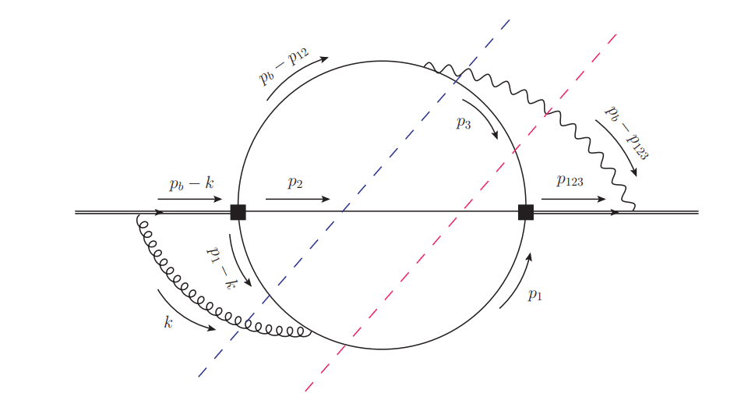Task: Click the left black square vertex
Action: [x=238, y=212]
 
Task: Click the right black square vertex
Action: [x=526, y=212]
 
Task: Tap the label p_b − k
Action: [x=192, y=185]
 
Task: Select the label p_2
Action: [x=295, y=183]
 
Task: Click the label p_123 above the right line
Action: [x=570, y=181]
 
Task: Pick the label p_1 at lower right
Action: [x=535, y=295]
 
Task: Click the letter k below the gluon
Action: [x=168, y=321]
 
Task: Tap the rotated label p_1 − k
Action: [x=219, y=267]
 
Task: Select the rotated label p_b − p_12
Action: [x=284, y=66]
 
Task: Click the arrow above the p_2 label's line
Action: [x=298, y=199]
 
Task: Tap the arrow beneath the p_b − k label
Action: [x=190, y=200]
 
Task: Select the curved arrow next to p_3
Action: [x=483, y=117]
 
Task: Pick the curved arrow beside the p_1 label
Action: [x=517, y=281]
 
